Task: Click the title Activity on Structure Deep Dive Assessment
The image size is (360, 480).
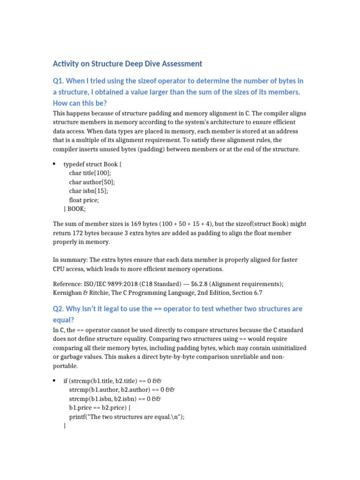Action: tap(127, 64)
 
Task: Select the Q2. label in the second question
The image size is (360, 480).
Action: tap(60, 309)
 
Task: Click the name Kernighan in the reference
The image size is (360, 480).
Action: tap(68, 292)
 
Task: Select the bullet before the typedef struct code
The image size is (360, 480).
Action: tap(54, 164)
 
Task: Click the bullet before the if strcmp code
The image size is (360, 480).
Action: tap(54, 380)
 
